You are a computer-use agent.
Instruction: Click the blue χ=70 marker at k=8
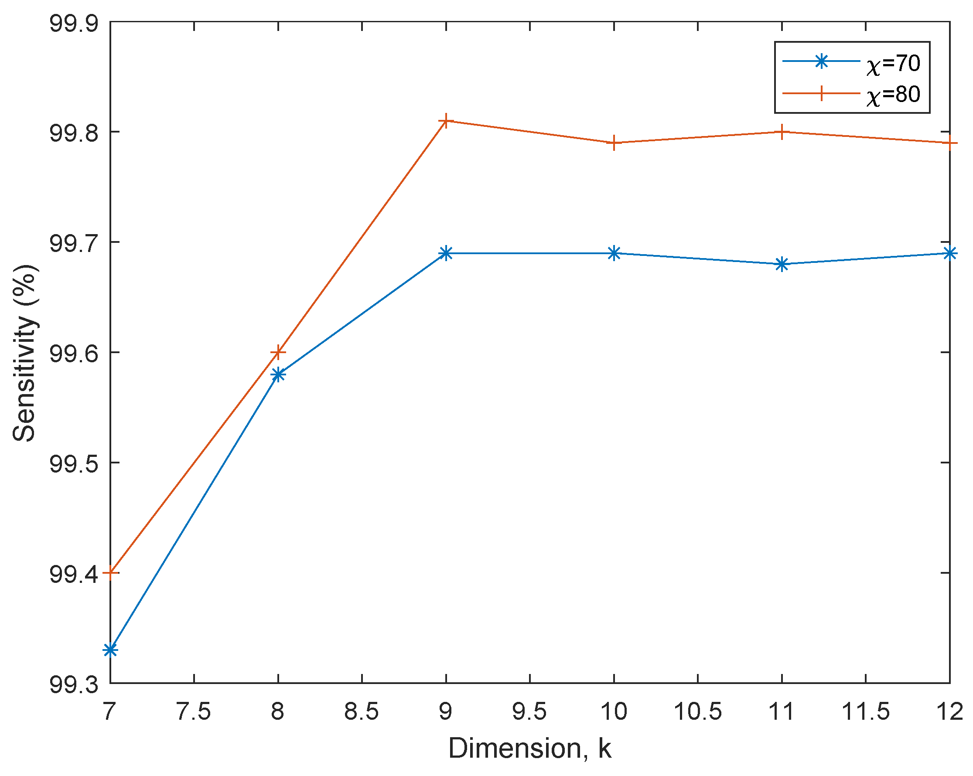click(x=278, y=374)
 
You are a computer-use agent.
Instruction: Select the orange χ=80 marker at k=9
click(x=446, y=120)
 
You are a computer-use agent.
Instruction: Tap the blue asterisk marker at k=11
click(x=782, y=264)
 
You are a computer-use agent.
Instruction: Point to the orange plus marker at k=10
click(x=614, y=143)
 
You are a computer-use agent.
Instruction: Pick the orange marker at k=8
click(x=278, y=352)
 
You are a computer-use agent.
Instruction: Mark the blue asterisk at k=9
click(x=446, y=253)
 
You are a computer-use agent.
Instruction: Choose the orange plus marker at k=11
click(x=782, y=132)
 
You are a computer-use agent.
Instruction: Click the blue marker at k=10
click(x=614, y=253)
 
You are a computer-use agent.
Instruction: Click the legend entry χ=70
click(x=893, y=63)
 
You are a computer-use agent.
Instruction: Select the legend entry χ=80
click(x=893, y=94)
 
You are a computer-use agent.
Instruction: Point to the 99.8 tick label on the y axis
click(x=74, y=132)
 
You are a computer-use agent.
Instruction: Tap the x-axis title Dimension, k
click(x=530, y=749)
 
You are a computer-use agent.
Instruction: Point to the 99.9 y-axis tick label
click(x=74, y=23)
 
